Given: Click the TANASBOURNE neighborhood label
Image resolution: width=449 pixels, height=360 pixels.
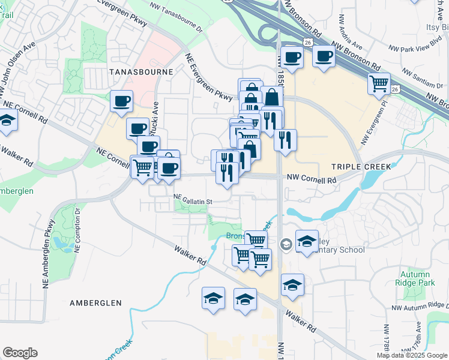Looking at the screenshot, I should pyautogui.click(x=141, y=71).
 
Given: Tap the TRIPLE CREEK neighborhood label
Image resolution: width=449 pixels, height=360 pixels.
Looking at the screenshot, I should pyautogui.click(x=361, y=166).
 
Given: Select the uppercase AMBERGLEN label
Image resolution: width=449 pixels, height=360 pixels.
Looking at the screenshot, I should pyautogui.click(x=95, y=303).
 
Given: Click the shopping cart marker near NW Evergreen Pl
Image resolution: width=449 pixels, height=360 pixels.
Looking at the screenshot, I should pyautogui.click(x=379, y=83).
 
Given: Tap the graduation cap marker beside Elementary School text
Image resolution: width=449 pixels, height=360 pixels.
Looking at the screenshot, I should pyautogui.click(x=307, y=242).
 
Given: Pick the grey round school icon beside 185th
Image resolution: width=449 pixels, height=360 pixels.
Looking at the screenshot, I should pyautogui.click(x=286, y=243).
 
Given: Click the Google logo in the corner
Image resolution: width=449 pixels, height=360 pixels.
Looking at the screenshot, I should pyautogui.click(x=20, y=353).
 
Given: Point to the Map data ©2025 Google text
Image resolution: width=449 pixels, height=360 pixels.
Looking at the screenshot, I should pyautogui.click(x=411, y=355).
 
